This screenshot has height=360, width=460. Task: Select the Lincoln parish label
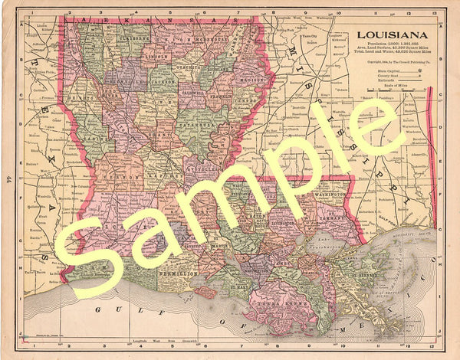(156, 56)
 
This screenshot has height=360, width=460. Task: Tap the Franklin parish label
(222, 97)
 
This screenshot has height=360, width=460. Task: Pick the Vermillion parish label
(179, 273)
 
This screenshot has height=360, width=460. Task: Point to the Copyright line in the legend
(393, 61)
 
